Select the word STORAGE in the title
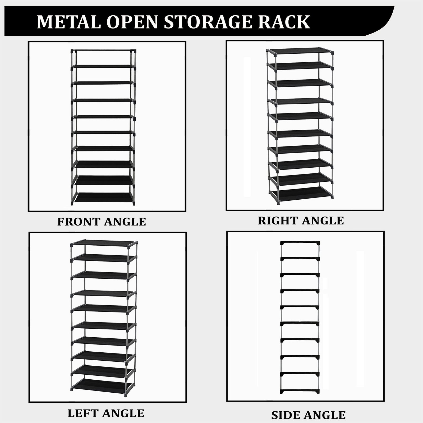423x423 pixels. point(207,22)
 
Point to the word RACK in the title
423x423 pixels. point(283,22)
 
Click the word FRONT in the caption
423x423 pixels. point(79,222)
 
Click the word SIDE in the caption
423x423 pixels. point(284,415)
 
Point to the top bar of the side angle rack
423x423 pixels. point(300,243)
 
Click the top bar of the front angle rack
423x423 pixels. point(104,50)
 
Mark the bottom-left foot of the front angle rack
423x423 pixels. point(72,204)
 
